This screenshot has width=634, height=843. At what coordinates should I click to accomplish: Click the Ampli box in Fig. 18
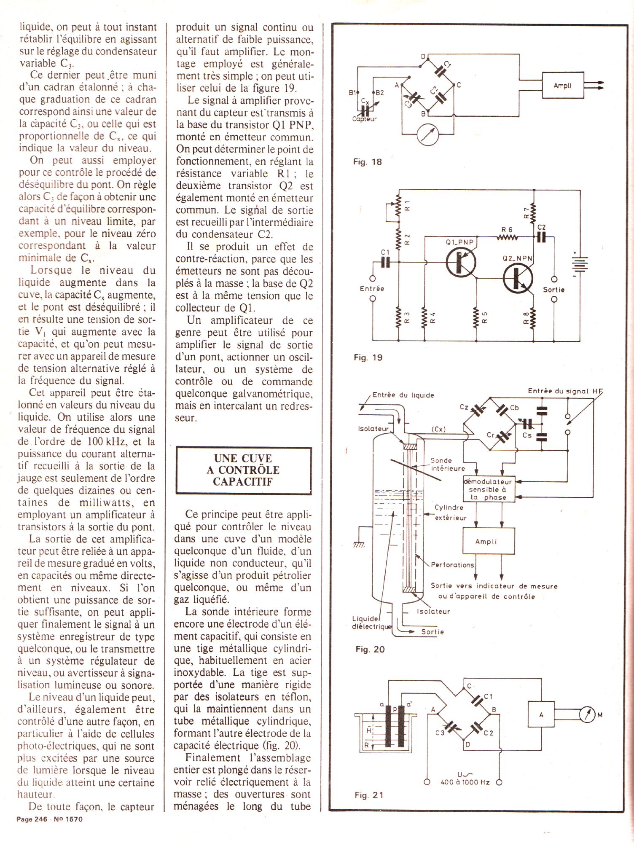(x=563, y=86)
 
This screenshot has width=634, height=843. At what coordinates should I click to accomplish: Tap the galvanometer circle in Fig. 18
(x=427, y=135)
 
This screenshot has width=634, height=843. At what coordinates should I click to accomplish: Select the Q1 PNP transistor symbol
(x=462, y=262)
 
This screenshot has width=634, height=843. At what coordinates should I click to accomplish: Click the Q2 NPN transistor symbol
(x=518, y=279)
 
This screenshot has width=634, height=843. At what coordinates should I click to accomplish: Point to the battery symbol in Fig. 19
(x=580, y=264)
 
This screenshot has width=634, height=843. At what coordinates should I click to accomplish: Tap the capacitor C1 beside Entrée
(x=385, y=262)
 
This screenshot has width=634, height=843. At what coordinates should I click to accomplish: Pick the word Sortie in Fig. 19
(x=553, y=290)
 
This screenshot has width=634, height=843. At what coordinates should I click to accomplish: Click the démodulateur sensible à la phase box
(x=489, y=489)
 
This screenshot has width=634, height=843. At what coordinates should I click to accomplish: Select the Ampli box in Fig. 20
(x=489, y=541)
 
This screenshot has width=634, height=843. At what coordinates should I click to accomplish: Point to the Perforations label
(x=452, y=565)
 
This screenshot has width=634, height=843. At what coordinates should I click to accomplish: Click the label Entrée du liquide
(x=403, y=395)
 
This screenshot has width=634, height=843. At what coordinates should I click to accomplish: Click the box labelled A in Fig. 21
(x=541, y=714)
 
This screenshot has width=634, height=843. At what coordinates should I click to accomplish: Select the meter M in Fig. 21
(x=587, y=714)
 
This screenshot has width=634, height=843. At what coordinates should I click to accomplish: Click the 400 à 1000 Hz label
(x=465, y=782)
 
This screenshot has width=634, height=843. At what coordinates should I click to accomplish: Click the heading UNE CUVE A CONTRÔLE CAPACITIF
(x=243, y=470)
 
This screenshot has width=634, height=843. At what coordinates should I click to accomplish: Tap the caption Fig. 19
(x=368, y=357)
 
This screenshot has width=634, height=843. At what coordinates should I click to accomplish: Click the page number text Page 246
(x=32, y=819)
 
